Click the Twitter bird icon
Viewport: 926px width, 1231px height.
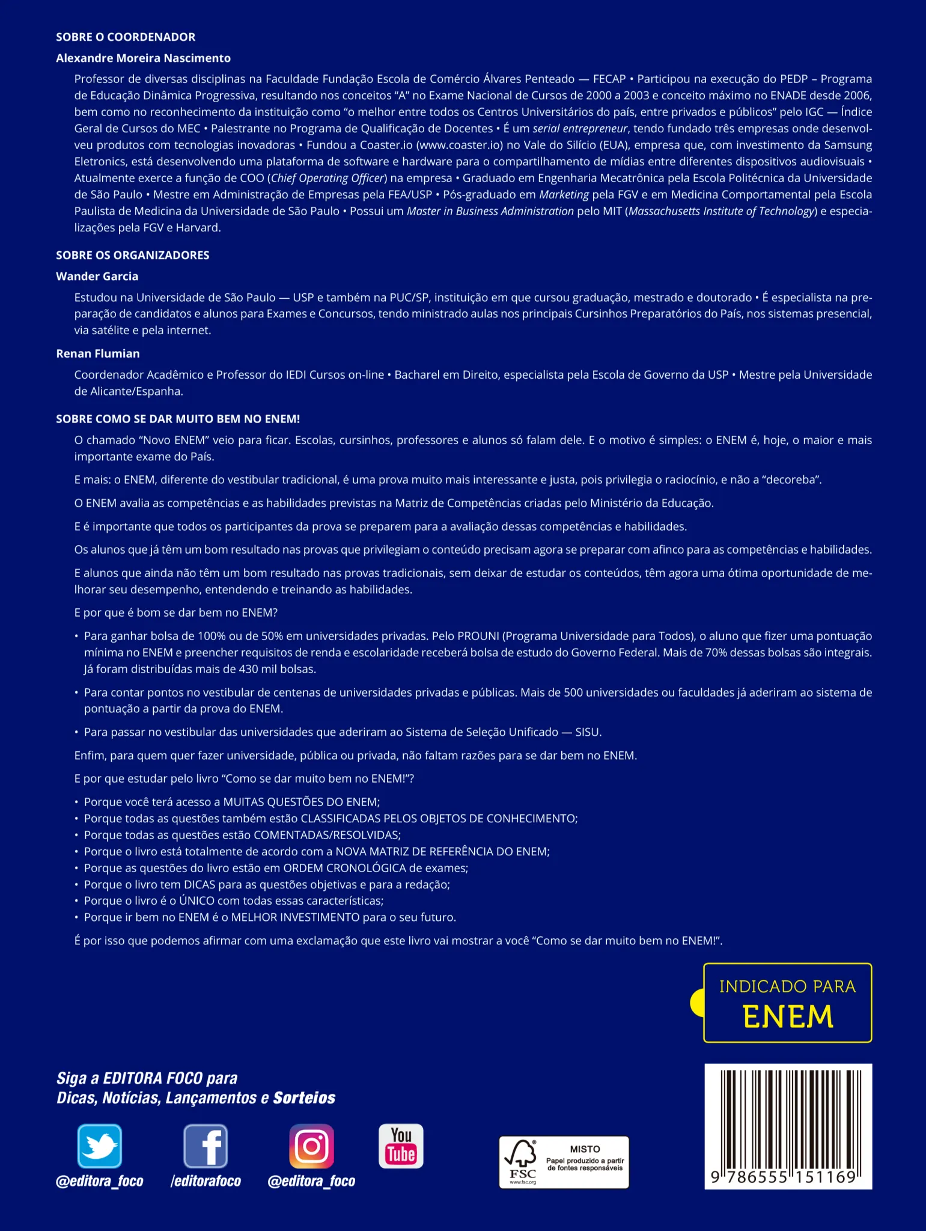pos(99,1146)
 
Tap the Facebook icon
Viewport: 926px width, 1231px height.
pos(206,1146)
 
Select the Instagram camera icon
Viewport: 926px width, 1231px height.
pos(311,1146)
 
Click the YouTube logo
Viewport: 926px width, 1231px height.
pos(401,1146)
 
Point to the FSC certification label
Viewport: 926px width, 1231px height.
pos(564,1162)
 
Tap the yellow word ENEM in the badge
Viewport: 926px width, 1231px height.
pos(788,1017)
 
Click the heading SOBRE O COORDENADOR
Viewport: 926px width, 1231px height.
pos(126,37)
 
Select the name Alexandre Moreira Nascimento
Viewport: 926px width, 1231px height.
pos(143,58)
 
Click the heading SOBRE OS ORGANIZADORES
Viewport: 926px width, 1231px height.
pos(133,255)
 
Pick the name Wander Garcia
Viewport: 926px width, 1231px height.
pos(97,276)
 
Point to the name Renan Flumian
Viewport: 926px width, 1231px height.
pos(98,354)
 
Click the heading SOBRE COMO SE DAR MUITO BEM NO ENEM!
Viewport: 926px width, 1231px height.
pos(178,419)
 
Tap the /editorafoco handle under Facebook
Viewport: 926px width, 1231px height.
pos(206,1181)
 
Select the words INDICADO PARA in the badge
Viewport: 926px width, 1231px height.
pos(787,986)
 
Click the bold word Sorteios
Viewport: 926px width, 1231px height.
pos(304,1098)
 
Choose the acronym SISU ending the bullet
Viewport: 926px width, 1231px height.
pos(587,732)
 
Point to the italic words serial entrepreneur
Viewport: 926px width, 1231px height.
pos(580,129)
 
